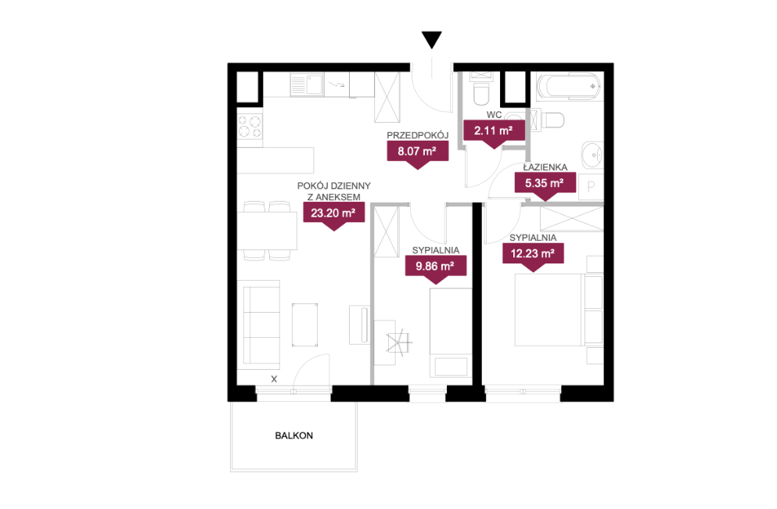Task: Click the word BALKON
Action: (294, 436)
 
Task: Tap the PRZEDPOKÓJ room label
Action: (417, 135)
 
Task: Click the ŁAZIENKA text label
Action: (545, 167)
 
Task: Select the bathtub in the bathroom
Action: (568, 87)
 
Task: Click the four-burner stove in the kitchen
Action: (250, 127)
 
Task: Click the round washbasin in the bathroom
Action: (592, 156)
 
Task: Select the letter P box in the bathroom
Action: (591, 187)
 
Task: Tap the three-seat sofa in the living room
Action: (261, 324)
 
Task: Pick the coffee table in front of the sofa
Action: (304, 324)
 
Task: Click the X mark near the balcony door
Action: (274, 378)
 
